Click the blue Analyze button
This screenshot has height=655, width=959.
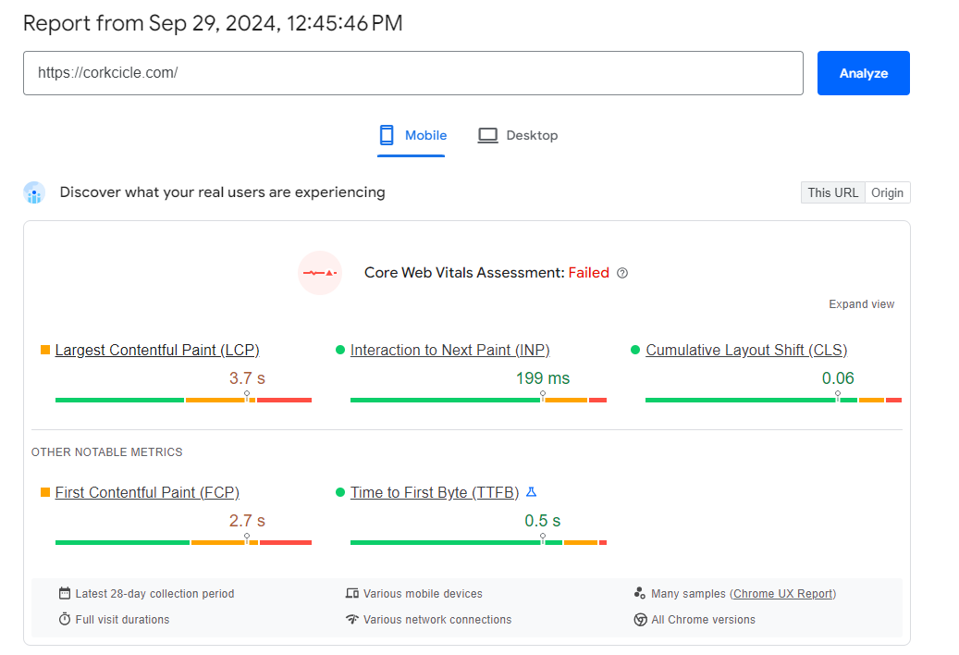click(863, 73)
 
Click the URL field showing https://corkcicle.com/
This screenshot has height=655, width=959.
click(412, 73)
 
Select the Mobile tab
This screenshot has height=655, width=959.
click(412, 135)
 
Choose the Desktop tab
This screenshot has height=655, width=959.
click(518, 135)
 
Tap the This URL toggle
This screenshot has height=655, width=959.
click(832, 192)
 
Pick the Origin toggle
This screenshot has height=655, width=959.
click(887, 192)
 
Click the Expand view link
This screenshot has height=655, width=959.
click(861, 304)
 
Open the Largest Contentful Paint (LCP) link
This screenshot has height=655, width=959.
click(157, 350)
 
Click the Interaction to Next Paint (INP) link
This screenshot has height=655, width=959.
click(449, 350)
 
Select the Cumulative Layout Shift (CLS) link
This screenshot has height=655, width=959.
click(746, 350)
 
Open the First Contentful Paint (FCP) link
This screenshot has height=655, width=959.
click(147, 492)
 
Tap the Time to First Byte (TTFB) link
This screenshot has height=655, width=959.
click(435, 492)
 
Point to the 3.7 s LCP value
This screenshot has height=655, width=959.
click(247, 377)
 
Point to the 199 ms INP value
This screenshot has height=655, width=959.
click(543, 377)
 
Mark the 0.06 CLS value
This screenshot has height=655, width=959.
click(838, 377)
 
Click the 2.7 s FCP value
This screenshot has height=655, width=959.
click(247, 521)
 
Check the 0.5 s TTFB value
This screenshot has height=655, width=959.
click(543, 521)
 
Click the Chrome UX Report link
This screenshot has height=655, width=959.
click(783, 594)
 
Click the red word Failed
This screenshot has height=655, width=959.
click(588, 273)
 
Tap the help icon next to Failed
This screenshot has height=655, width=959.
click(622, 273)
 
